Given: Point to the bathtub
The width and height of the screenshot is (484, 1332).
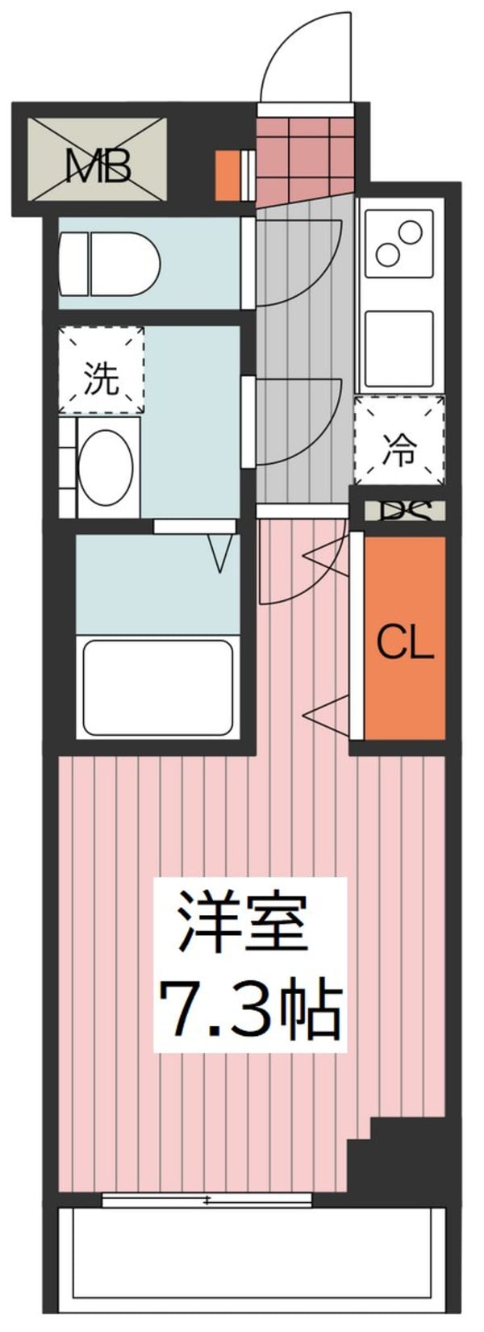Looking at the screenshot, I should (x=158, y=686).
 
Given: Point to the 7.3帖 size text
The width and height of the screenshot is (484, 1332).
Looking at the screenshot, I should (x=250, y=1008).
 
